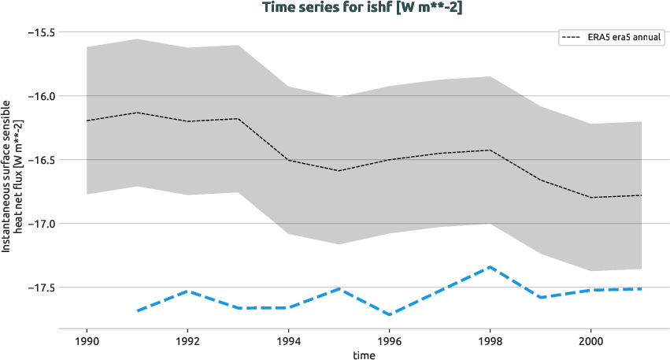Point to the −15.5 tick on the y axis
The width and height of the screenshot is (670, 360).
(x=39, y=32)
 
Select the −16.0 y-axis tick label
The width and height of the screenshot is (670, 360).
(x=39, y=96)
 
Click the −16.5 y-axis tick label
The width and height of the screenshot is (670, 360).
(x=39, y=160)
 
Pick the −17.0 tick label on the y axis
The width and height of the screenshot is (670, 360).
(x=39, y=224)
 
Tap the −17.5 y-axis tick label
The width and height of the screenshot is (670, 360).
(x=39, y=288)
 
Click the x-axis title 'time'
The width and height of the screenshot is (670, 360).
(x=364, y=354)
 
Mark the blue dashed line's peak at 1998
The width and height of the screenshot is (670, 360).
(x=490, y=266)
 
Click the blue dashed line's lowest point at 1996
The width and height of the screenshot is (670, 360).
(x=390, y=315)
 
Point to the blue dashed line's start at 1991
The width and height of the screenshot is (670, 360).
(x=137, y=311)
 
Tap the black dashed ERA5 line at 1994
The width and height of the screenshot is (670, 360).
(x=288, y=160)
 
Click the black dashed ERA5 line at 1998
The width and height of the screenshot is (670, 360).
(x=490, y=150)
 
